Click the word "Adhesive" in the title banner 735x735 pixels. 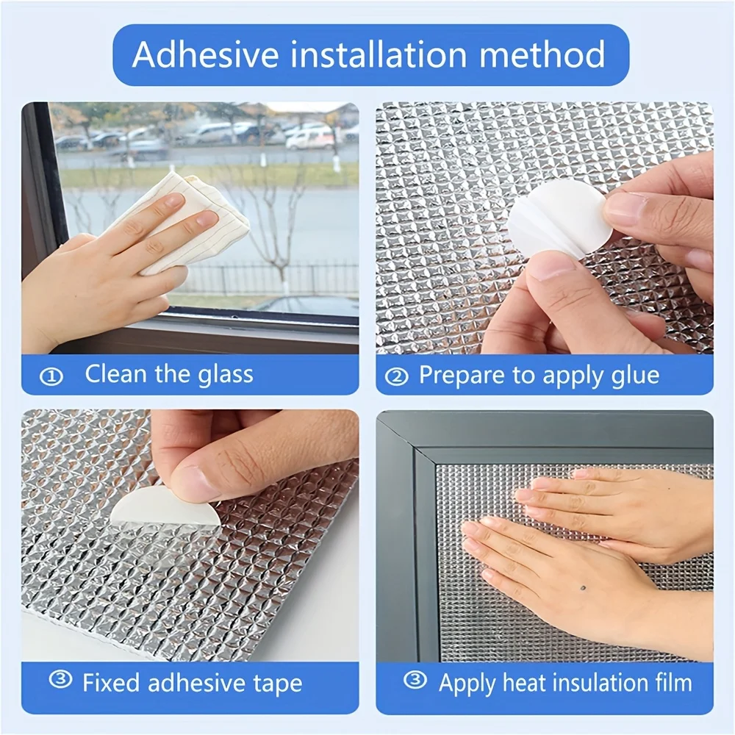point(205,55)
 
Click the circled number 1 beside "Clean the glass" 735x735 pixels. point(51,376)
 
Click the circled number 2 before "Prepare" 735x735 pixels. point(396,376)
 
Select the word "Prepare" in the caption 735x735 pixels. point(462,376)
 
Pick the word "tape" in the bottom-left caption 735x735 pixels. point(278,684)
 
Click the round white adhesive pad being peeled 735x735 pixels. point(559,218)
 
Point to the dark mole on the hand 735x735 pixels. point(582,588)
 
